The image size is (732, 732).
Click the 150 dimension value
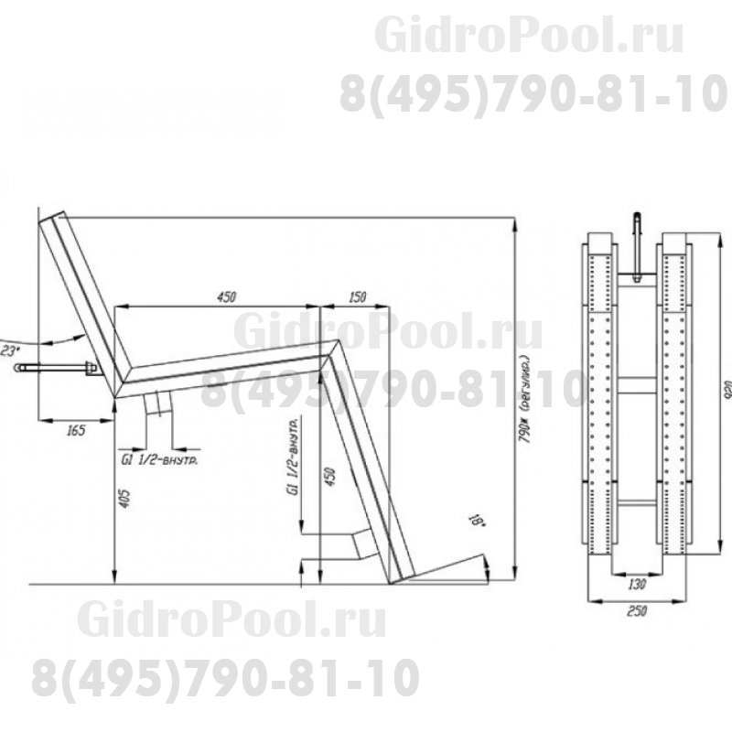(357, 296)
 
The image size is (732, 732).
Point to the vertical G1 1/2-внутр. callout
(292, 457)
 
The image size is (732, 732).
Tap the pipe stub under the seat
(158, 403)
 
